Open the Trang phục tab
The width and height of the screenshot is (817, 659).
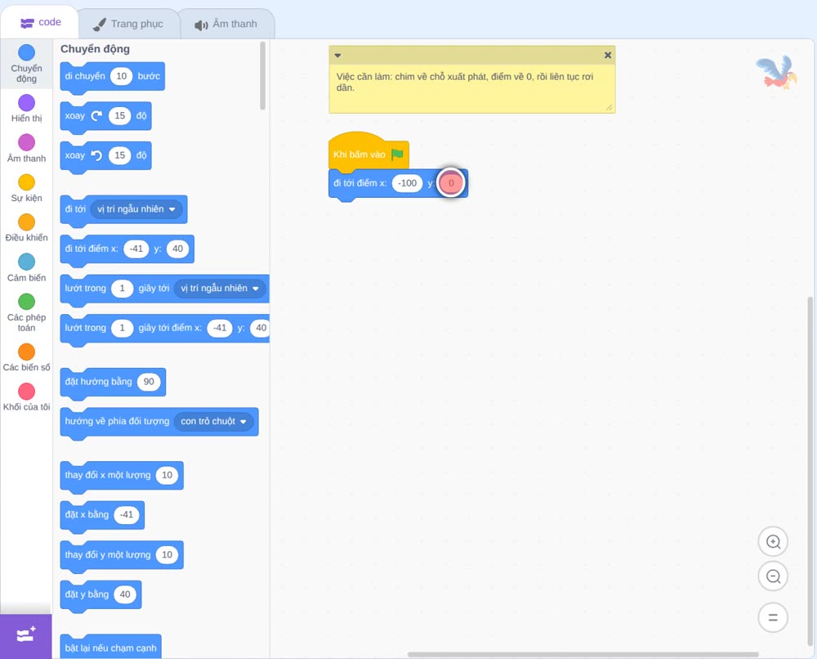tap(127, 24)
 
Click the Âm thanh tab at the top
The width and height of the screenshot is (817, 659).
tap(225, 24)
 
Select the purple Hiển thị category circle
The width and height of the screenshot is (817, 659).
tap(27, 103)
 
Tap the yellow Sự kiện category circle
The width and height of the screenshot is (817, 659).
tap(27, 182)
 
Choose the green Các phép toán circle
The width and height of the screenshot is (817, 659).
tap(27, 302)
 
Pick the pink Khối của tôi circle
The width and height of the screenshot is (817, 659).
tap(27, 391)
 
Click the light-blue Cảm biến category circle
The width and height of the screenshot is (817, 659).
tap(27, 262)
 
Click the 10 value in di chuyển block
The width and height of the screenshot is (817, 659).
tap(122, 76)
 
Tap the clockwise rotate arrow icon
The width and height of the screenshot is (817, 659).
tap(96, 116)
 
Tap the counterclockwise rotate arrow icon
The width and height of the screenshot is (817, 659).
tap(96, 155)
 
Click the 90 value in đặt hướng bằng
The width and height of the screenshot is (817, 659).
tap(149, 382)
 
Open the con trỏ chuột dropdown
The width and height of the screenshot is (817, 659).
tap(213, 421)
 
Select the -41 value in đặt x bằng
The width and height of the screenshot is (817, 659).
tap(127, 514)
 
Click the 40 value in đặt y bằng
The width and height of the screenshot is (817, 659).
tap(125, 594)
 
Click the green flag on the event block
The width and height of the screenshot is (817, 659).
tap(397, 155)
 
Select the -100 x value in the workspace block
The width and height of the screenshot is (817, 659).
tap(407, 183)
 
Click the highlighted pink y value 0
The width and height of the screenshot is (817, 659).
tap(451, 183)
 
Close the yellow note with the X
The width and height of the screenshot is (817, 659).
tap(608, 55)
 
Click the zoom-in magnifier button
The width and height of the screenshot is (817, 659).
tap(773, 542)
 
